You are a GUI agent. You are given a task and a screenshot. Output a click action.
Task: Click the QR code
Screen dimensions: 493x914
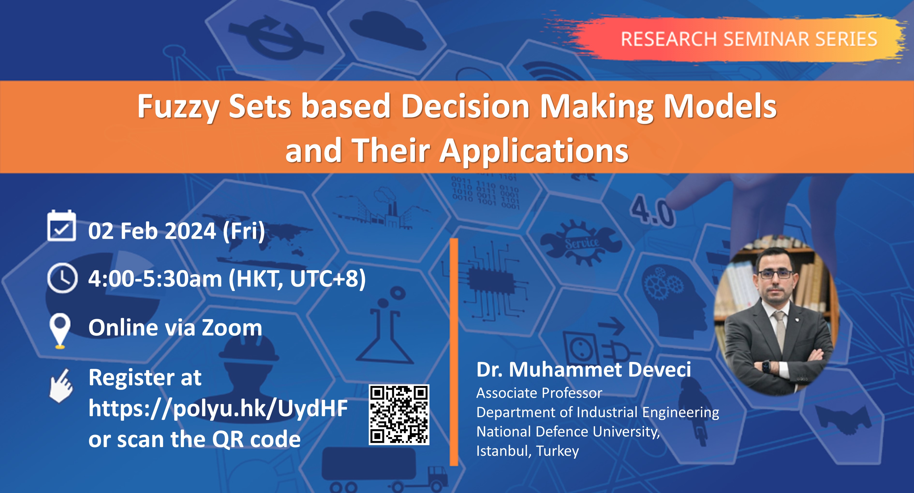[399, 414]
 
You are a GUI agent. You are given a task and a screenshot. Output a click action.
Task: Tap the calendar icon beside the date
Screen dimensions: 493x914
[61, 226]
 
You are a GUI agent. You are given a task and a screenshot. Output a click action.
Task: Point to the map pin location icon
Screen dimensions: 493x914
[60, 330]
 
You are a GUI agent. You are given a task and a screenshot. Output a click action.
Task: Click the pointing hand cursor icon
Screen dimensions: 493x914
[61, 386]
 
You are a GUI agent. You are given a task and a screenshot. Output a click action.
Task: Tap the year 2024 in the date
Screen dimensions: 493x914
[190, 231]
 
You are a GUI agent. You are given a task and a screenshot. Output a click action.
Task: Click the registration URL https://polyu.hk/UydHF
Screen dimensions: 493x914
[218, 408]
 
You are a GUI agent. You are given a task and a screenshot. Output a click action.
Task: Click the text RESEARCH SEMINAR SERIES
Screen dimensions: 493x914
[749, 39]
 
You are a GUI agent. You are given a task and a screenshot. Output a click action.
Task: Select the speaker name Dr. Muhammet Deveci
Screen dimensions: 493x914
[583, 369]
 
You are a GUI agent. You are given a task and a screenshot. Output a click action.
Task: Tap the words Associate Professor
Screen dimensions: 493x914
[539, 393]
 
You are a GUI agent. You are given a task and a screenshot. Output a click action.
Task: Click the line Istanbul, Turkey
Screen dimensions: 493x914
[527, 451]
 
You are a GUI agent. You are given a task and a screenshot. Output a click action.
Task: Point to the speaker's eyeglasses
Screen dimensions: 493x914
[776, 274]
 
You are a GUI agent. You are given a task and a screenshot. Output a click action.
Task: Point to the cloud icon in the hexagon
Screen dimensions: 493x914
[387, 30]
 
